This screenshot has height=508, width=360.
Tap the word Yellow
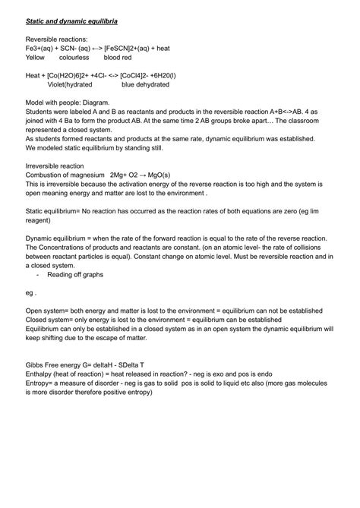pos(36,57)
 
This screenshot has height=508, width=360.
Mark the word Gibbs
pos(35,365)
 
